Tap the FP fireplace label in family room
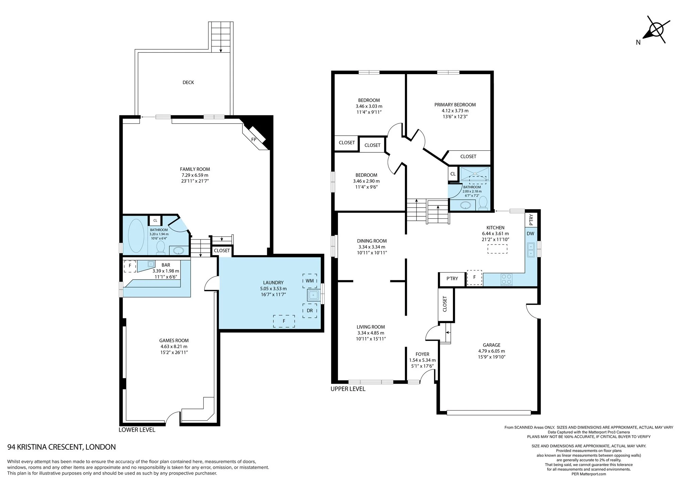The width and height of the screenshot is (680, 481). pos(254,139)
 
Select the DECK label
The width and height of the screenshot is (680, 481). pos(188,82)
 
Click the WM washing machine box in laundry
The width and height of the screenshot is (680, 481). pos(310,281)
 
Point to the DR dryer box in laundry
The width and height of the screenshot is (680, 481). pos(310,311)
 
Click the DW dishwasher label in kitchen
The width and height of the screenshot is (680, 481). pos(530,234)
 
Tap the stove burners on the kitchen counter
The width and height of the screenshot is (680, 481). pos(506,280)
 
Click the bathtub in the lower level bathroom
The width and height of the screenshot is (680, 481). pos(136,236)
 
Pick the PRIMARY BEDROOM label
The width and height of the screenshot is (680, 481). pos(455,105)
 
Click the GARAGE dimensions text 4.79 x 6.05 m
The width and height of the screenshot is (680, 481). pos(492,351)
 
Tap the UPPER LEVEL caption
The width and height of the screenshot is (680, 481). pos(348,389)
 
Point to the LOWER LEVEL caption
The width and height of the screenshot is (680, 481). pos(137,430)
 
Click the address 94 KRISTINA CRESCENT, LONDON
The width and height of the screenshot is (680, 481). pos(62,447)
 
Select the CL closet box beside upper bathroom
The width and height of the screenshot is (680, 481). pos(453,174)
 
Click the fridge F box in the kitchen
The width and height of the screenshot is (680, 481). pos(474,277)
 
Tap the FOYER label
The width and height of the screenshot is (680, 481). pos(422,354)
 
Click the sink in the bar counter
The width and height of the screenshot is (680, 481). pos(151,264)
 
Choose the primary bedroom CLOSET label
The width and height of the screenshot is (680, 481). pos(468,156)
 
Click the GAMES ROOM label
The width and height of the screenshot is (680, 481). pos(174,341)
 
